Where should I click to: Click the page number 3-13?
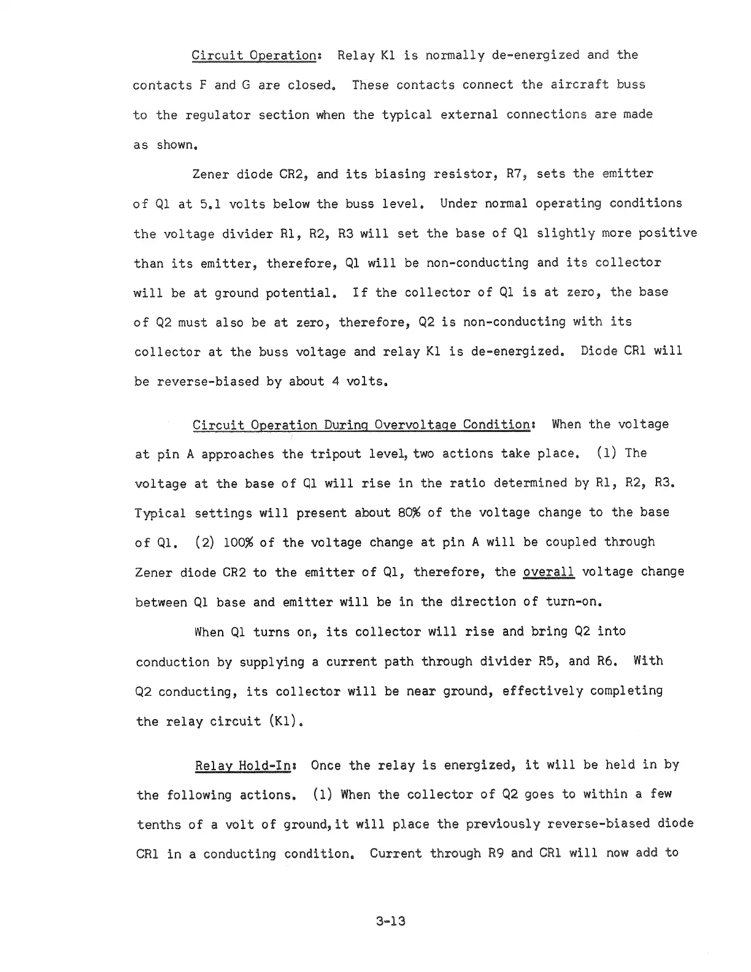tap(391, 921)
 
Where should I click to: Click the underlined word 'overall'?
tap(548, 572)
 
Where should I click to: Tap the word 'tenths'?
tap(159, 824)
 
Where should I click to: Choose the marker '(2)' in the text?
tap(204, 542)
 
